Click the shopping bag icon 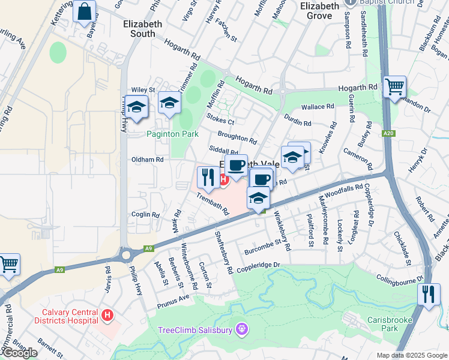click(85, 11)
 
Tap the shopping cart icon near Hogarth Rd click(394, 87)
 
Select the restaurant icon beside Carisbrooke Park click(429, 295)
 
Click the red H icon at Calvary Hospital click(107, 314)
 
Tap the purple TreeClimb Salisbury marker click(241, 329)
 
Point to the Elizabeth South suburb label click(142, 29)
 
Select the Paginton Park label click(173, 134)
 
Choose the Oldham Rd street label click(148, 160)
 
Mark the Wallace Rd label click(318, 107)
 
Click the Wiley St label click(143, 90)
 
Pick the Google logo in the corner click(19, 353)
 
